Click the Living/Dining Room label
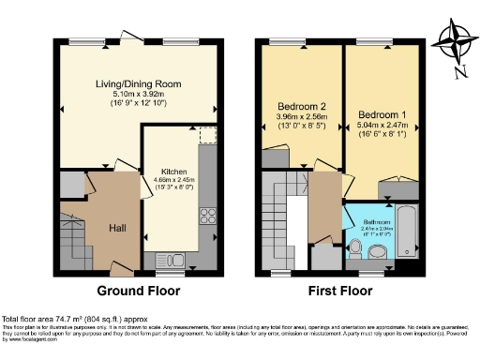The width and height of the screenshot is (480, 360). [x=138, y=83]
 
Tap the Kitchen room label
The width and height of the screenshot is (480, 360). [x=173, y=172]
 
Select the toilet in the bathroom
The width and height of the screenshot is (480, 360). [x=354, y=247]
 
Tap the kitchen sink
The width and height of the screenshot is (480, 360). [x=173, y=258]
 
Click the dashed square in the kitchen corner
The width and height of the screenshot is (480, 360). [x=208, y=136]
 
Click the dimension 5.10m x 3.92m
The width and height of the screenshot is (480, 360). [x=138, y=94]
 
